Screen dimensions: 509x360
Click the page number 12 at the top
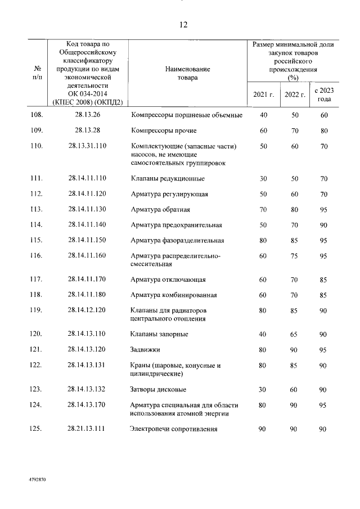coord(183,25)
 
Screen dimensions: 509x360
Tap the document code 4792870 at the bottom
coord(38,482)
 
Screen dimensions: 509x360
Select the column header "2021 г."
coord(263,94)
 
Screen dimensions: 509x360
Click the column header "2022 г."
coord(295,94)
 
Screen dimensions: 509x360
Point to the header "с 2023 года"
coord(324,94)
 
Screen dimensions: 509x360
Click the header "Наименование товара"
coord(187,73)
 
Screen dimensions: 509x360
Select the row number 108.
coord(37,115)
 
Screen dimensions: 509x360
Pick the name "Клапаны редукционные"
coord(167,179)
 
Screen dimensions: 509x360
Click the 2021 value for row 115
coord(263,241)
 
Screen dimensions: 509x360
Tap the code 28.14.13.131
coord(87,365)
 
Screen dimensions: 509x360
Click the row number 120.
coord(37,334)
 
